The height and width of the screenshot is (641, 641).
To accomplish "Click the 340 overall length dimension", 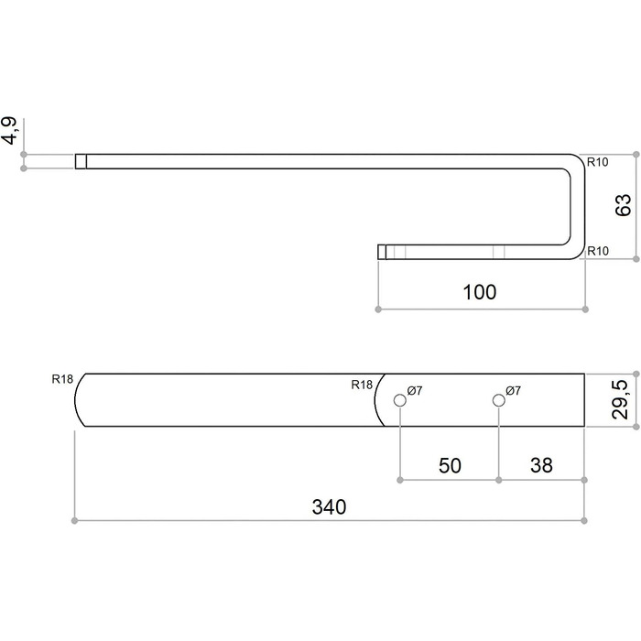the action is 329,506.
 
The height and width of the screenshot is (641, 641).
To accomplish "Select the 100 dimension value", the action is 480,292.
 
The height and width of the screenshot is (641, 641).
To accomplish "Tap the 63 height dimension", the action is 624,206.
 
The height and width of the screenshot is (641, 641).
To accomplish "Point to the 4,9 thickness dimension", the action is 10,131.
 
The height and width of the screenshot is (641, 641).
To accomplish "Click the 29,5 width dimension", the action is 620,399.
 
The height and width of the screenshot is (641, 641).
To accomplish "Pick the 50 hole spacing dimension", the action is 450,465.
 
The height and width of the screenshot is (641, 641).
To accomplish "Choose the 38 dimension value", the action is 541,465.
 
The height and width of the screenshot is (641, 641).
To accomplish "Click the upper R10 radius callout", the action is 598,162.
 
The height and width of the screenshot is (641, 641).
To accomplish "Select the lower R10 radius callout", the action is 598,251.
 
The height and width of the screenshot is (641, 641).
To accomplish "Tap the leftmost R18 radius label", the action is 62,379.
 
